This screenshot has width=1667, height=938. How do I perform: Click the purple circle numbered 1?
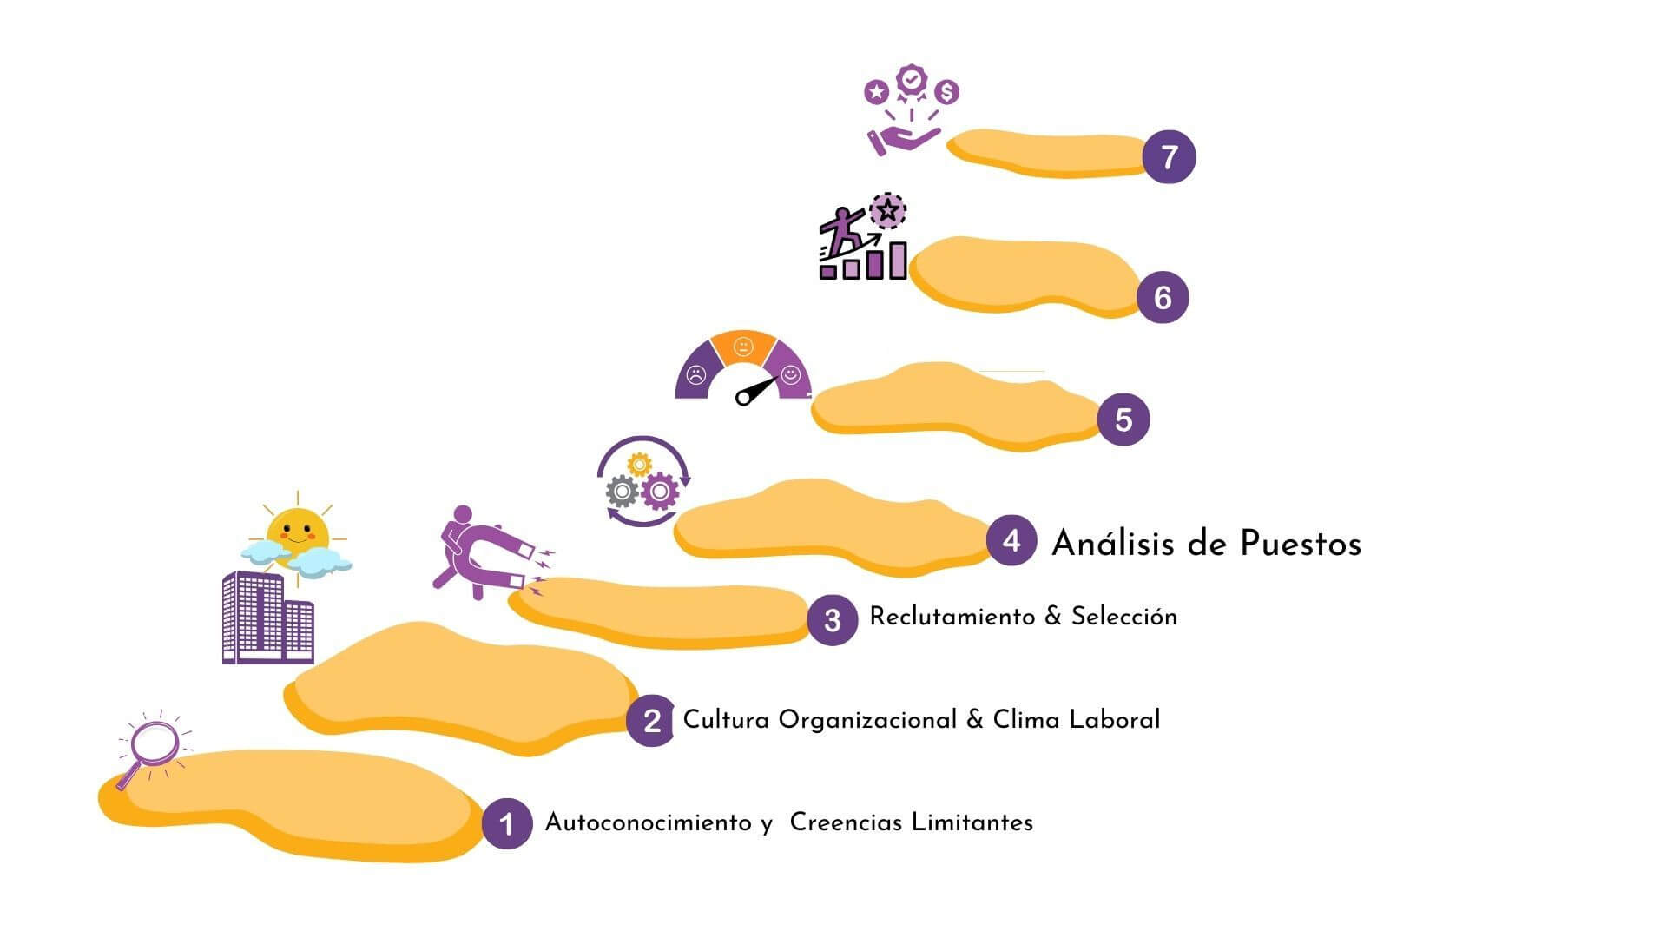(x=507, y=822)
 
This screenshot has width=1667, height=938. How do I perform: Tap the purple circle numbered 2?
(x=651, y=720)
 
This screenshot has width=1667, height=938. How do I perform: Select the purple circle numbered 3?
(x=832, y=619)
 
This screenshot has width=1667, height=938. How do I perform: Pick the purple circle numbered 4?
(x=1011, y=540)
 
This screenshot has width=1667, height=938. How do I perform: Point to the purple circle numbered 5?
(x=1123, y=419)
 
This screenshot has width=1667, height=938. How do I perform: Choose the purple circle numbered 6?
(x=1163, y=297)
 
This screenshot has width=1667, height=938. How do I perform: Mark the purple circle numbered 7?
(x=1169, y=157)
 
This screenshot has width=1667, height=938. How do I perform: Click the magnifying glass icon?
(x=154, y=745)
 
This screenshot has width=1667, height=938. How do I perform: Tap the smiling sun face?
(x=298, y=531)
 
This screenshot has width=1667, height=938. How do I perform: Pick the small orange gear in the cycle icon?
(x=639, y=465)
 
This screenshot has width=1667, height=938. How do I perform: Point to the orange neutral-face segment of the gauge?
(x=742, y=347)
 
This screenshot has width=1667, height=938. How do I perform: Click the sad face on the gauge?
(x=695, y=375)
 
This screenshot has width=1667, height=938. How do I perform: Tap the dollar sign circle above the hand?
(x=947, y=91)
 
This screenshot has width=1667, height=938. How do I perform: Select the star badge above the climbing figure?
(x=886, y=209)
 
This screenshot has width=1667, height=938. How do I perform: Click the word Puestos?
(x=1301, y=544)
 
